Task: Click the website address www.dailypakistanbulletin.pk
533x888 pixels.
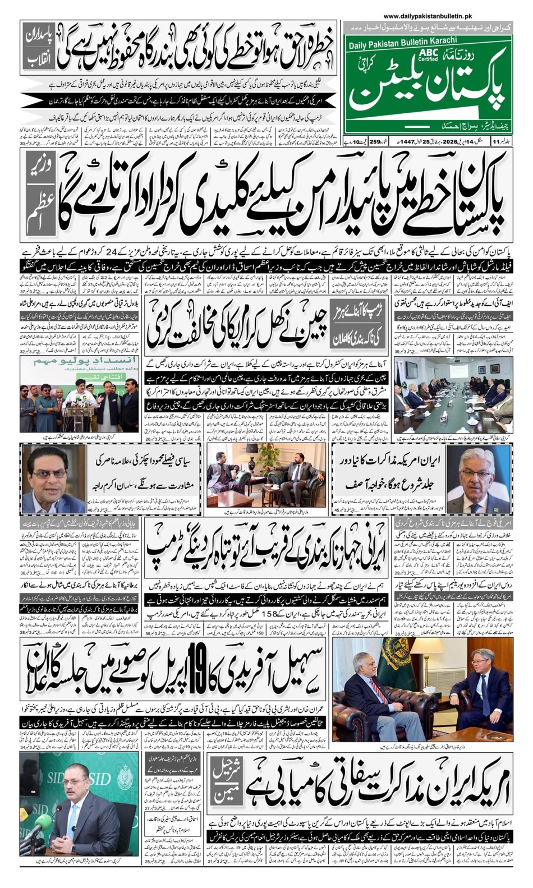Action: coord(428,17)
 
